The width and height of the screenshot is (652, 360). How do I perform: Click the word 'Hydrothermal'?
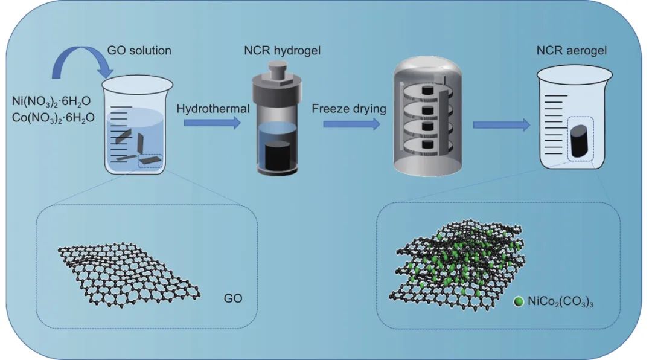[205, 108]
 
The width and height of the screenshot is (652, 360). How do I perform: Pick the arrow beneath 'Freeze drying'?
[351, 124]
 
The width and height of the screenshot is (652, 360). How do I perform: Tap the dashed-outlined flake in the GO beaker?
[150, 160]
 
